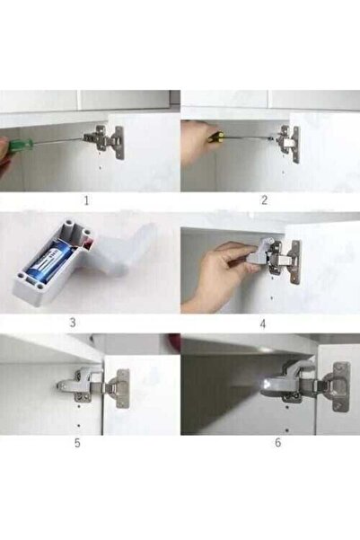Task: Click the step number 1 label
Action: (86, 200)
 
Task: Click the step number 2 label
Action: (264, 200)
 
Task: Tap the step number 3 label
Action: (73, 323)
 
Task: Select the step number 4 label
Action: (263, 324)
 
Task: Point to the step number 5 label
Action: (77, 443)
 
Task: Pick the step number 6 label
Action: (278, 442)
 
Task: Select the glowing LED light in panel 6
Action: (267, 384)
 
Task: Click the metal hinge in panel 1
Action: (104, 141)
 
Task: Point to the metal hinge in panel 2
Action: (286, 143)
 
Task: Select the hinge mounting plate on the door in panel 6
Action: (341, 386)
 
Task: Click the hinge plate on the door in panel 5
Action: (123, 388)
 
